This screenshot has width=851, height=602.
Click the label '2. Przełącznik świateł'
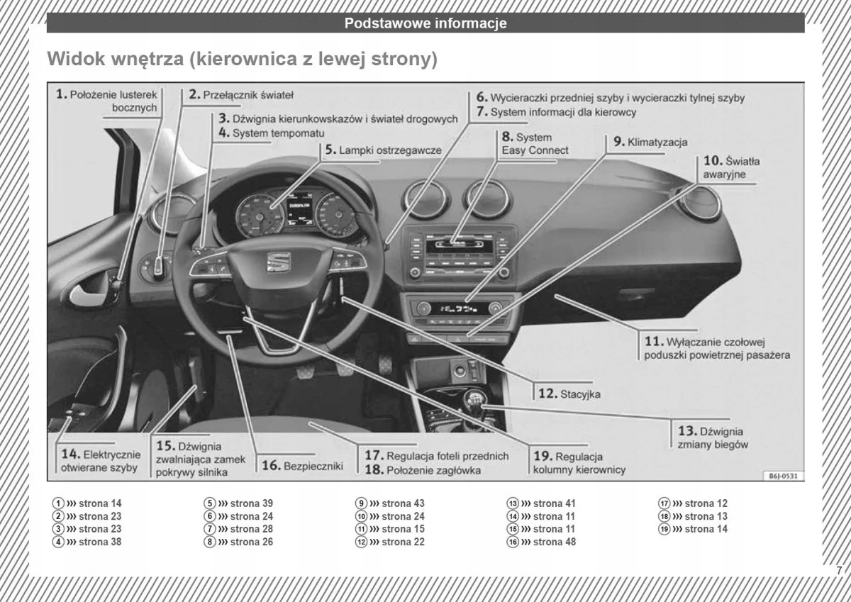click(x=241, y=94)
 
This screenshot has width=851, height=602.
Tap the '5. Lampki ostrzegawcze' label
click(x=384, y=150)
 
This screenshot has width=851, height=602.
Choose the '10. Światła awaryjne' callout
click(x=731, y=167)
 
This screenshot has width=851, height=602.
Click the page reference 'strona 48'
click(x=554, y=542)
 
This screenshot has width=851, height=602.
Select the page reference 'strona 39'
click(x=251, y=503)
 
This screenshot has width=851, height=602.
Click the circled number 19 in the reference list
click(x=664, y=529)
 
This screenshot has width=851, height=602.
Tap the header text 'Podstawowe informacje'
click(x=425, y=23)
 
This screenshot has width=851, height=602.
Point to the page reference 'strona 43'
click(x=402, y=503)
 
